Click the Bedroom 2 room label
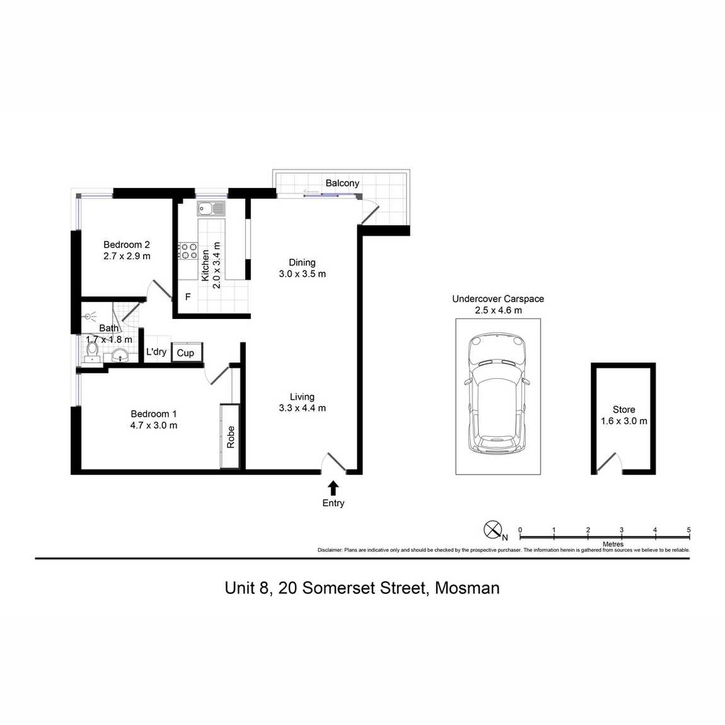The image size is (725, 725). [127, 245]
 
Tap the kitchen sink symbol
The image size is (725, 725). [211, 209]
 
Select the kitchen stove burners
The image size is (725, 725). [188, 251]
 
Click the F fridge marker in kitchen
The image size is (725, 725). [188, 297]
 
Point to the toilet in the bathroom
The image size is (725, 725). [93, 349]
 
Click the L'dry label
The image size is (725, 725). [156, 352]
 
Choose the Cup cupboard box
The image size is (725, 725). [186, 352]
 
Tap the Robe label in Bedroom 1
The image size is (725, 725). [231, 437]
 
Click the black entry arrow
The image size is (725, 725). [333, 488]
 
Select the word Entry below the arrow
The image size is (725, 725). [333, 503]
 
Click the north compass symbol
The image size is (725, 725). [492, 530]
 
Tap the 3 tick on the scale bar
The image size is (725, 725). [622, 530]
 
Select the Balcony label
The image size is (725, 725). [342, 183]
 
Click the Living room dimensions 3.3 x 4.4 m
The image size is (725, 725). [303, 408]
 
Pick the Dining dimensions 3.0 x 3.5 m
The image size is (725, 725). [303, 274]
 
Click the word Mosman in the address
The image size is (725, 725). [467, 588]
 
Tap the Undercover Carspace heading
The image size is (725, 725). [498, 299]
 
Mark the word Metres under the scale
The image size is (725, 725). [613, 544]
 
